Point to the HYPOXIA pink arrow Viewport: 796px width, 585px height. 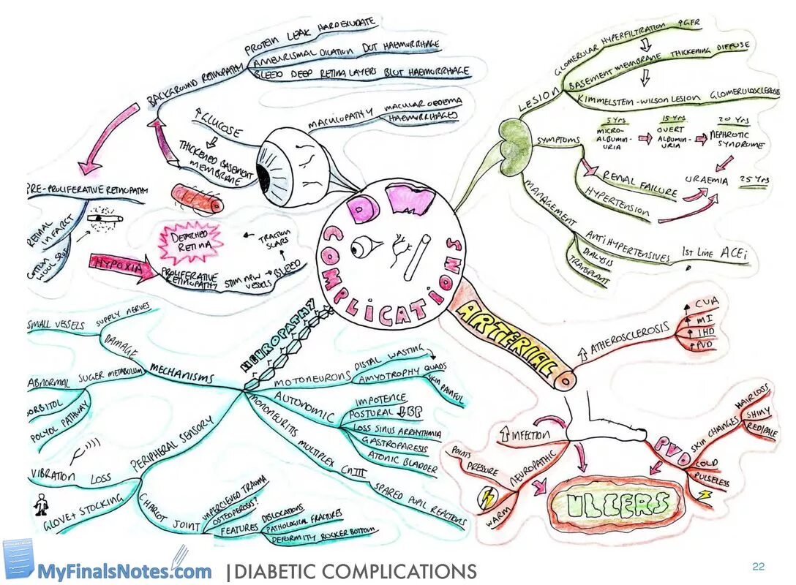click(x=121, y=265)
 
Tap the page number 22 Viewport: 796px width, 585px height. click(x=758, y=567)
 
